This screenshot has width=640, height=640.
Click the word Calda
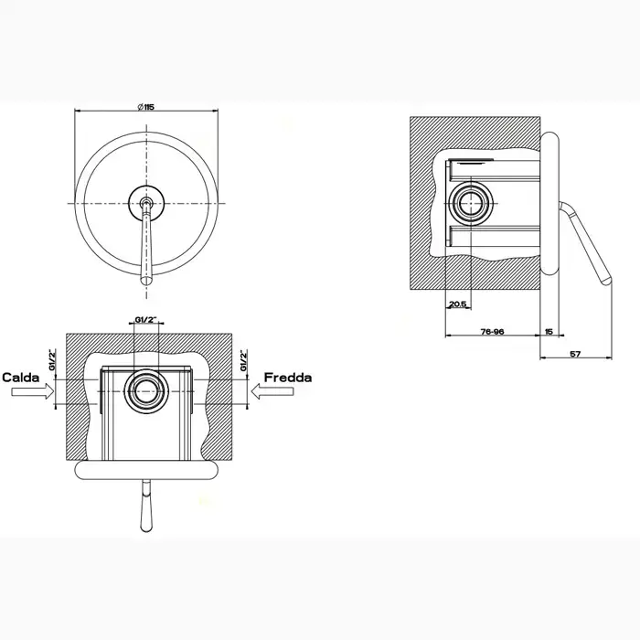click(x=20, y=377)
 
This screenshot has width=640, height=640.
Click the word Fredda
click(x=288, y=377)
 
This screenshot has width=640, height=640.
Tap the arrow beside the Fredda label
click(x=273, y=392)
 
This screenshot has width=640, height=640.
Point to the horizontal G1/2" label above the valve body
click(x=145, y=320)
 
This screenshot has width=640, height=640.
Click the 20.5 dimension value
click(x=458, y=304)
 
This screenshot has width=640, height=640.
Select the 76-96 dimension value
click(x=492, y=333)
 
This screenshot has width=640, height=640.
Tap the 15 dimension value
click(x=549, y=333)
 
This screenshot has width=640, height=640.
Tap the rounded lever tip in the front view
click(x=144, y=279)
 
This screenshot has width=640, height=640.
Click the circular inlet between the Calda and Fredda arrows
click(x=146, y=391)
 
